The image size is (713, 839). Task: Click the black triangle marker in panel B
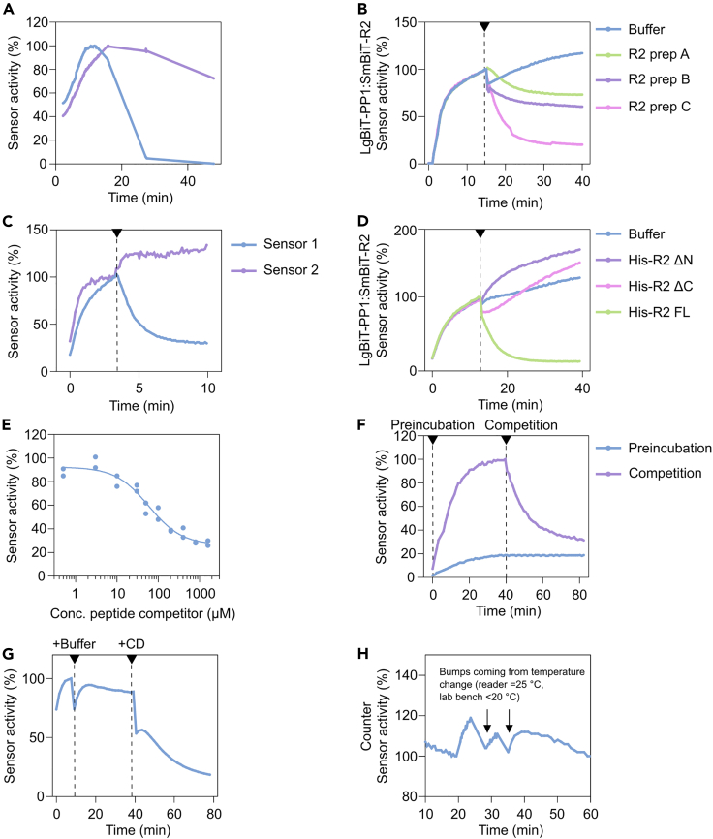click(x=483, y=26)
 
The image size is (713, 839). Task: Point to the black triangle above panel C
click(x=117, y=233)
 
